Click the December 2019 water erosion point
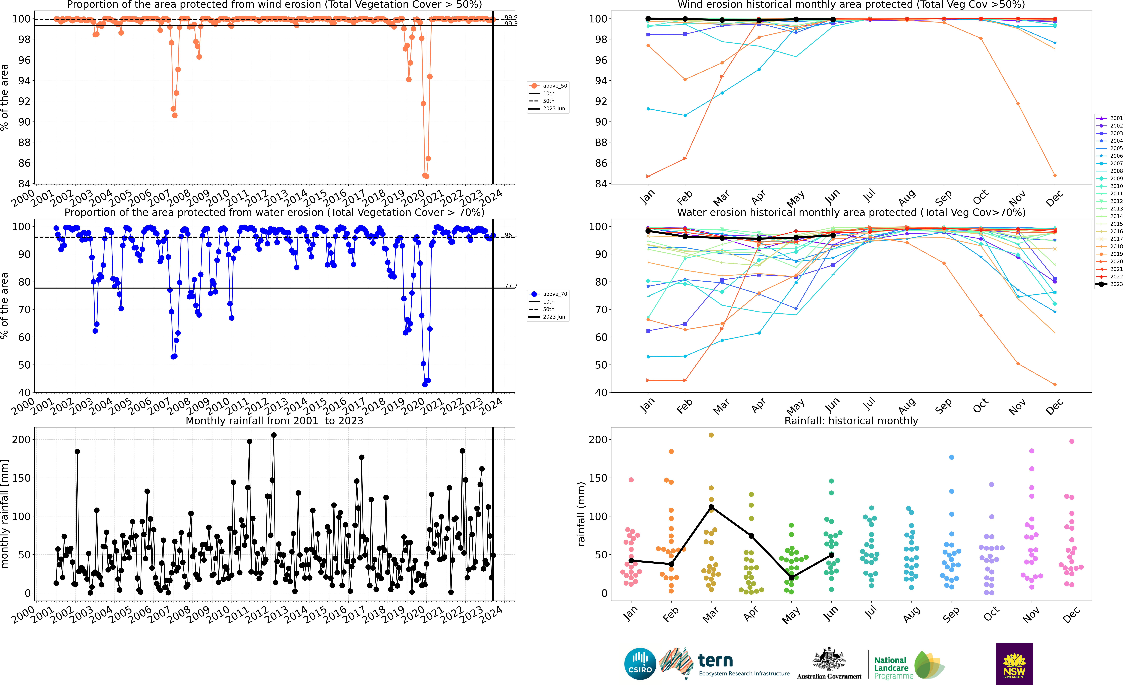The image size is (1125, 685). (x=1055, y=384)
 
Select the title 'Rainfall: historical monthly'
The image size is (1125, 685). (x=851, y=421)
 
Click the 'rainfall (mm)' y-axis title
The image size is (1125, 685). (x=581, y=514)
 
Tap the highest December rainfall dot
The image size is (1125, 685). (x=1072, y=441)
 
